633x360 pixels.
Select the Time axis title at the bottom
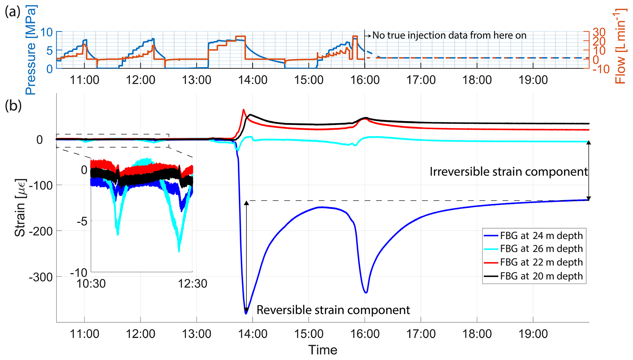click(x=322, y=350)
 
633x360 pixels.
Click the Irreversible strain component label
click(x=508, y=172)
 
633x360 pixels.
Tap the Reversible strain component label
click(x=333, y=310)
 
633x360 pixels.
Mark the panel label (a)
click(x=13, y=12)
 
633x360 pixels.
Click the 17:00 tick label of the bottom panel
click(x=421, y=334)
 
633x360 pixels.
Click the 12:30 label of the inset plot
click(x=193, y=284)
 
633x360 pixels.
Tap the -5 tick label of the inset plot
click(x=82, y=221)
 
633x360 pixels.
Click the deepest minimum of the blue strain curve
click(x=246, y=313)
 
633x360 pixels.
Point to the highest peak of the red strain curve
click(x=243, y=109)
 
